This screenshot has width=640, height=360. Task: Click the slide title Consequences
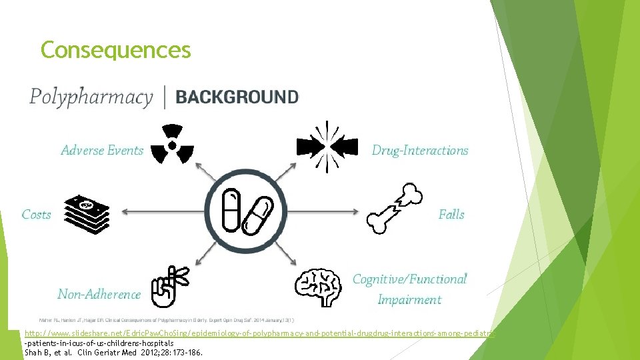115,50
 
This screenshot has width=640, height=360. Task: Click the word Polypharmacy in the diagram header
91,97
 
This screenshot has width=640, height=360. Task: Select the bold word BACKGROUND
237,97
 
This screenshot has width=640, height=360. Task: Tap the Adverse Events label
102,151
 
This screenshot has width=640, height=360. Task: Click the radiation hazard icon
173,144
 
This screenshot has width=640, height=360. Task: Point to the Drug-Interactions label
420,151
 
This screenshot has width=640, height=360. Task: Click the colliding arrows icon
326,145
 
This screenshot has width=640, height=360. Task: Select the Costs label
36,215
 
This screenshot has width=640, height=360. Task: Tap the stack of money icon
86,214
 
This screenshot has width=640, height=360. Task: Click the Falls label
451,215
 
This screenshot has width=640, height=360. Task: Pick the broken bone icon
395,209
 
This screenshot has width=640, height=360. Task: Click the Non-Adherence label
99,294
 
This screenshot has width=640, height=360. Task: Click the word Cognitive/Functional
409,279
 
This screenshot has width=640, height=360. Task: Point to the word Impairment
409,300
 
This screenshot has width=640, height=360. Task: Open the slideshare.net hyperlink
260,333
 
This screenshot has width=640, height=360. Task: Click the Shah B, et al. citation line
113,353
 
